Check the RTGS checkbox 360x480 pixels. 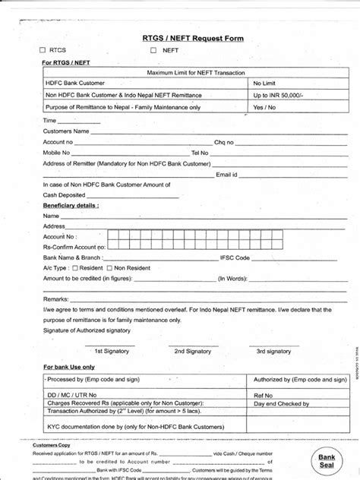click(x=43, y=51)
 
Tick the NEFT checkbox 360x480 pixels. click(x=153, y=51)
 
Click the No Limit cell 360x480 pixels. click(x=264, y=83)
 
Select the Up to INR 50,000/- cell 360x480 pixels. click(x=278, y=95)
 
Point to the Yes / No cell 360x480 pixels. click(x=264, y=107)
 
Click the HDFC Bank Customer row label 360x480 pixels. click(x=75, y=83)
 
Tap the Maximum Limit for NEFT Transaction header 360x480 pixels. click(x=197, y=71)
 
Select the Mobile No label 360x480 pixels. click(x=56, y=153)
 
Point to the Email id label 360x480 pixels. click(x=226, y=174)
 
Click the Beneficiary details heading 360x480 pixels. click(x=71, y=205)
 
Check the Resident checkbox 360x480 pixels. click(x=75, y=268)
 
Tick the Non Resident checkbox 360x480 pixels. click(x=109, y=268)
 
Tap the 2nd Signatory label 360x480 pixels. click(x=193, y=351)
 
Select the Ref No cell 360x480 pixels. click(x=263, y=395)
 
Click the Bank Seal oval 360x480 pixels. click(x=327, y=461)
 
